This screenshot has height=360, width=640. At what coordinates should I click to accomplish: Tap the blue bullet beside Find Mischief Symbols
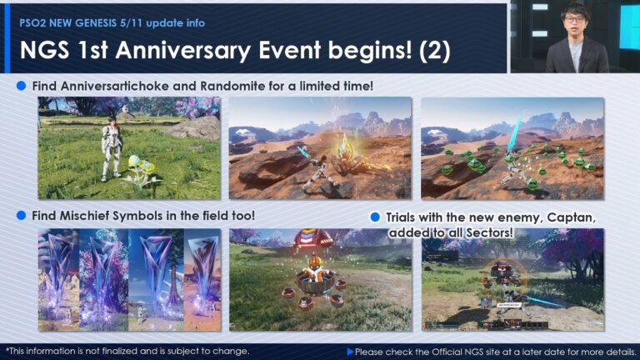click(22, 215)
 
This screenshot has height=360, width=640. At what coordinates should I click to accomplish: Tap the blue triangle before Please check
click(350, 352)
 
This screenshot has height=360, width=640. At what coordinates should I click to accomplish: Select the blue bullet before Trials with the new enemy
click(376, 217)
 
